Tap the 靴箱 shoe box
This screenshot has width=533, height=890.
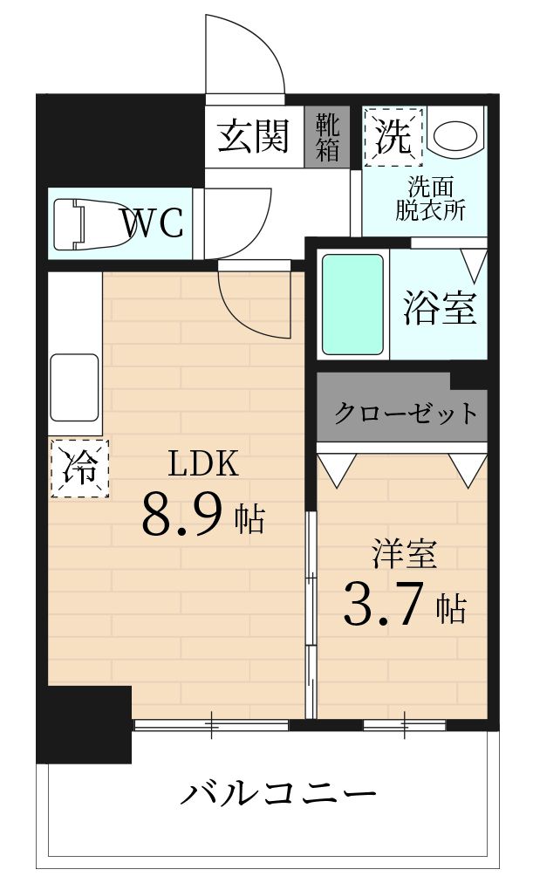pyautogui.click(x=327, y=136)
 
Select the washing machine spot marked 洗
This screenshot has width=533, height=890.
pyautogui.click(x=393, y=136)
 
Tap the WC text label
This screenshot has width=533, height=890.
pyautogui.click(x=153, y=223)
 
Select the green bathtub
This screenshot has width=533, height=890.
pyautogui.click(x=352, y=305)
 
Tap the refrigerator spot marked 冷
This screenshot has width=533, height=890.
pyautogui.click(x=80, y=469)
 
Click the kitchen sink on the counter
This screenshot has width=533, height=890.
pyautogui.click(x=74, y=387)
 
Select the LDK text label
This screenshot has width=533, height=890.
pyautogui.click(x=202, y=464)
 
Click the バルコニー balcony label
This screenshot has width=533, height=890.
pyautogui.click(x=278, y=794)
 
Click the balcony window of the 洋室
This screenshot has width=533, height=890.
pyautogui.click(x=405, y=724)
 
